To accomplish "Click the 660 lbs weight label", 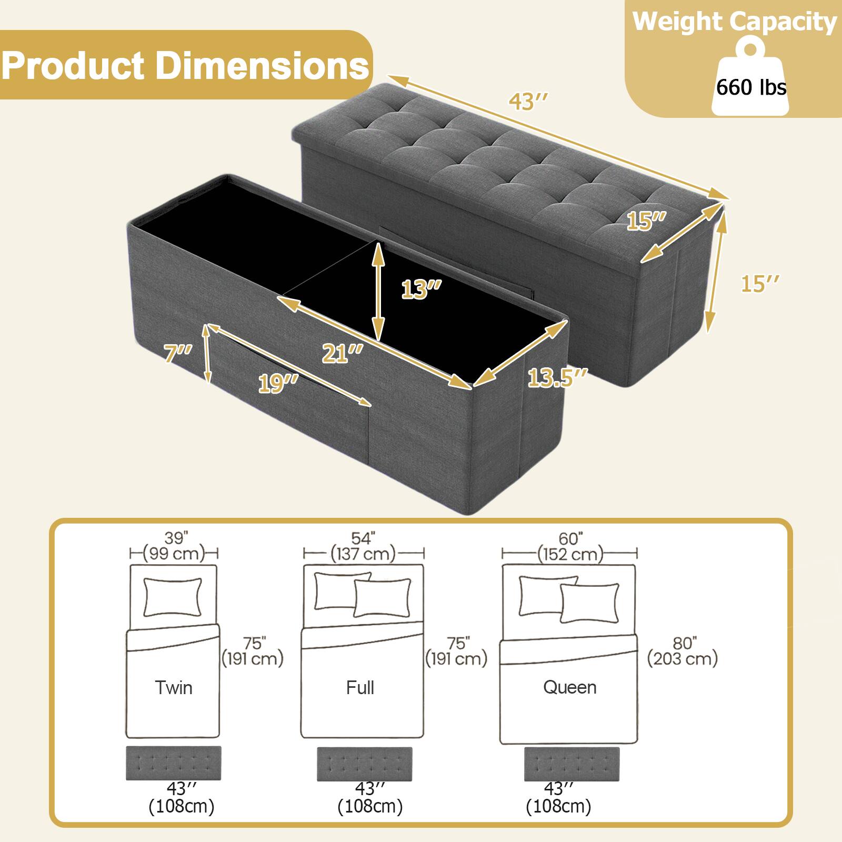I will [751, 87].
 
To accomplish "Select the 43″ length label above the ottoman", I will [528, 102].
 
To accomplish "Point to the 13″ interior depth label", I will [421, 289].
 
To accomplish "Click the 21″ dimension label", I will [343, 353].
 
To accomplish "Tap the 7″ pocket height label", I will [178, 353].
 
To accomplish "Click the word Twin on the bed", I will [174, 688].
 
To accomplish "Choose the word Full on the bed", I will [360, 688].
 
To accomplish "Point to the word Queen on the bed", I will [569, 687].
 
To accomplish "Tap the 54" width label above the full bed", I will [363, 538].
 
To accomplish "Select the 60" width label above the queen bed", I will [570, 538].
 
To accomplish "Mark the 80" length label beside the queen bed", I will [685, 643].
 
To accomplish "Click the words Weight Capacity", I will [734, 22].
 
